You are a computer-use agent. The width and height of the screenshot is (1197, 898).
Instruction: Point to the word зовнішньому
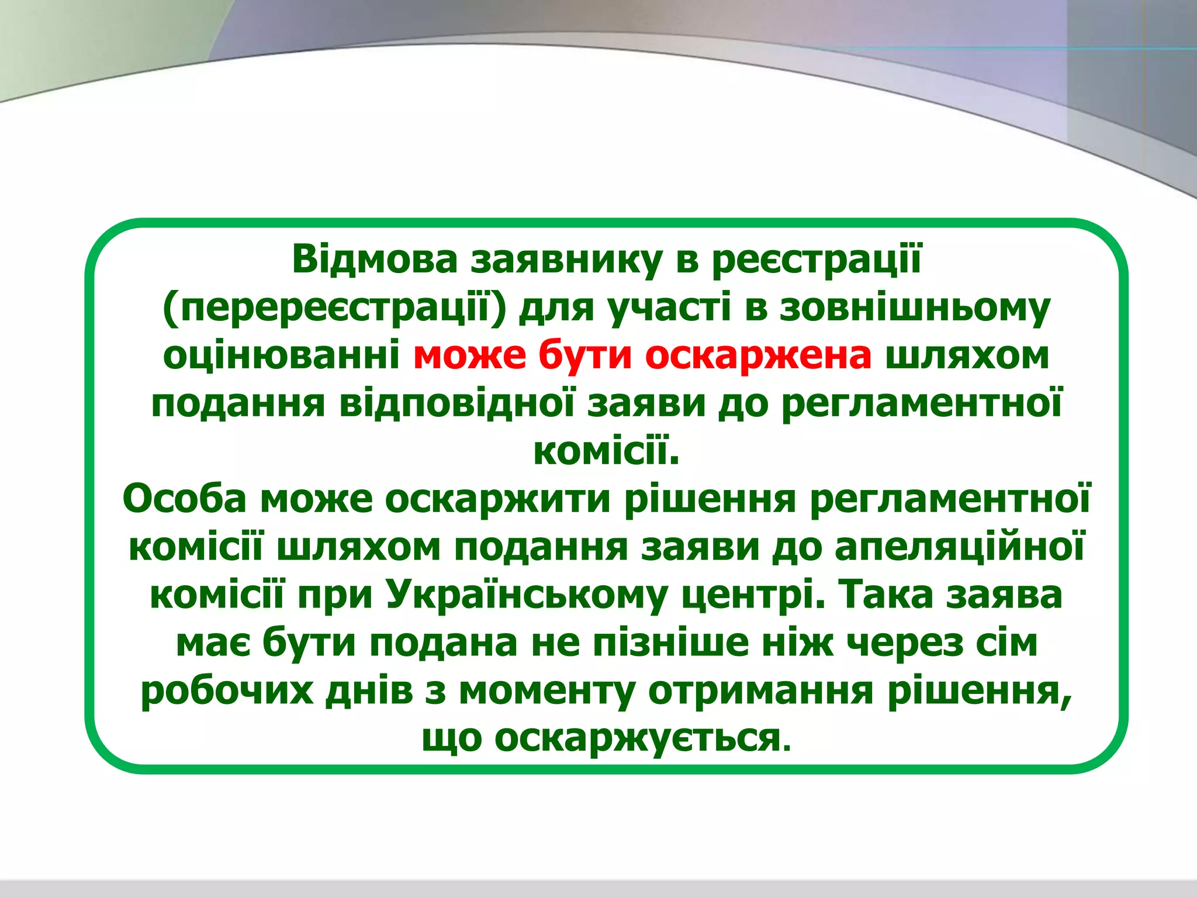[914, 308]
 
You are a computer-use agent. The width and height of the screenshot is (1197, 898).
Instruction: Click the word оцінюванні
[281, 355]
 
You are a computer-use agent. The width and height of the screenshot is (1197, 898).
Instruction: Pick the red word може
[469, 355]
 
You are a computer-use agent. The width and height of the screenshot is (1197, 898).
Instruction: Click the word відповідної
[456, 403]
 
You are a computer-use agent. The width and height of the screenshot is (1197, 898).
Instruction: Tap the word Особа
[184, 499]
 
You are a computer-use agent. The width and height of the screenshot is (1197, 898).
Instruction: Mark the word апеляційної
[959, 547]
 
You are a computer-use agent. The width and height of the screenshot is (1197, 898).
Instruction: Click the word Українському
[526, 595]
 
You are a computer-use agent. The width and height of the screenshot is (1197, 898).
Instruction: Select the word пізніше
[670, 643]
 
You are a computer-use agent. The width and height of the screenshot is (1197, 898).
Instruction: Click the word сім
[1005, 643]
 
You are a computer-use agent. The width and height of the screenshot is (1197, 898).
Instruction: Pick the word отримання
[760, 690]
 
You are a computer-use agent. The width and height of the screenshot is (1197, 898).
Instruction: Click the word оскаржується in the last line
[637, 738]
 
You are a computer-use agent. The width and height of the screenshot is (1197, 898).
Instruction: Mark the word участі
[670, 308]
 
